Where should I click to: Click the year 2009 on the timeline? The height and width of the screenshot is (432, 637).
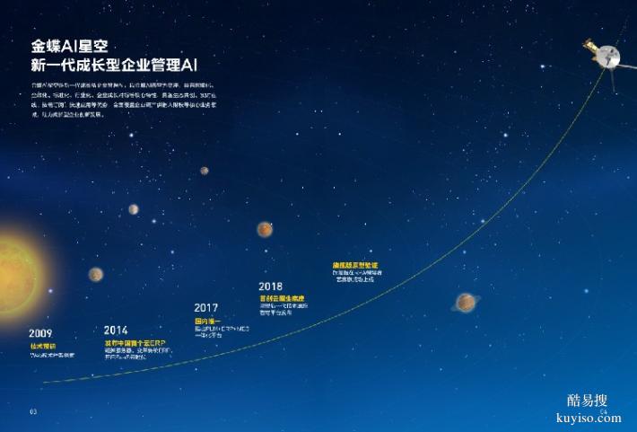[x=39, y=333]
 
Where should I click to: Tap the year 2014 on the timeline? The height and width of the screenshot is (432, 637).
[x=116, y=330]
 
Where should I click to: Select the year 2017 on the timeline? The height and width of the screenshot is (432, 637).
[x=205, y=308]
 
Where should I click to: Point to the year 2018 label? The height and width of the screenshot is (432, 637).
[x=270, y=287]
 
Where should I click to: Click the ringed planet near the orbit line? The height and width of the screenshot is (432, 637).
[x=466, y=303]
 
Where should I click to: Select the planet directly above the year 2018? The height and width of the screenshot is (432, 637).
[x=265, y=230]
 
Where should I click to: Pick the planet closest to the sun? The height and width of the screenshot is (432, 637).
[x=96, y=274]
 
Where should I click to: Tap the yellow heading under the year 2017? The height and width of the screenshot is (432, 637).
[x=209, y=320]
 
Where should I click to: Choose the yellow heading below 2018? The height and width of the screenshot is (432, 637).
[x=281, y=298]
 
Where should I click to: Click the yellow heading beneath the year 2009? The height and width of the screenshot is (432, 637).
[x=42, y=345]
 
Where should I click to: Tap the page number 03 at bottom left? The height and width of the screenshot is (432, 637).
[x=33, y=411]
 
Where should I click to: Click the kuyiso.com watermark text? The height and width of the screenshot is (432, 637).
[x=589, y=419]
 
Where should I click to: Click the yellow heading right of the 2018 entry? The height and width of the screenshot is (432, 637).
[x=358, y=265]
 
